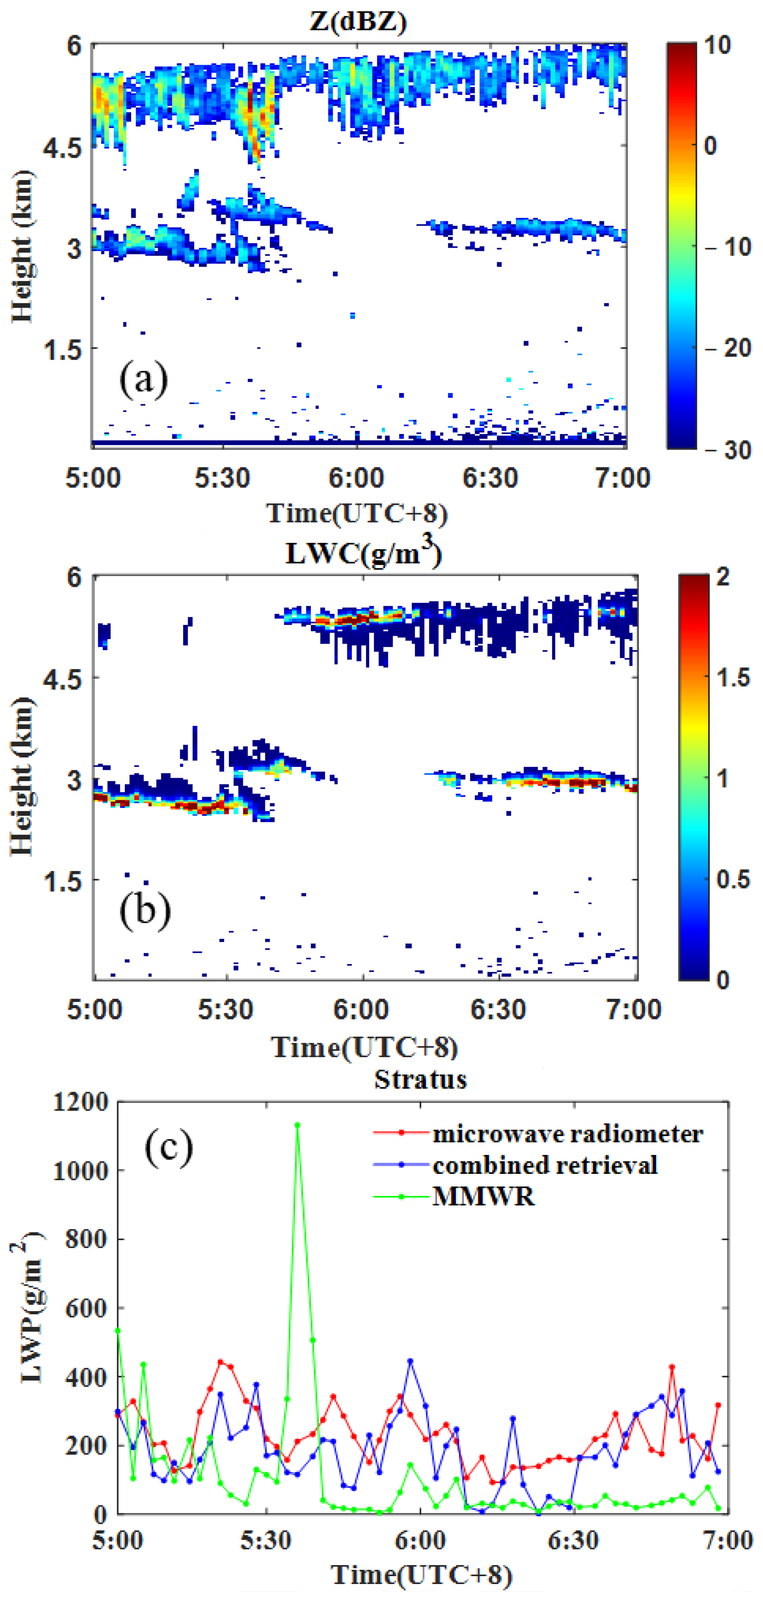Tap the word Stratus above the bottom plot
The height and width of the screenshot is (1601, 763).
(x=420, y=1080)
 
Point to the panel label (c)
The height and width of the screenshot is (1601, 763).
(x=168, y=1147)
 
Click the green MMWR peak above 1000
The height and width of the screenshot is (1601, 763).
(x=298, y=1125)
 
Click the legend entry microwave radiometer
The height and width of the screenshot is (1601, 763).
(x=567, y=1134)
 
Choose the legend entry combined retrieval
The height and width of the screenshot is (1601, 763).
(x=545, y=1165)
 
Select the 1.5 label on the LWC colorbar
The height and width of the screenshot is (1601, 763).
(x=733, y=677)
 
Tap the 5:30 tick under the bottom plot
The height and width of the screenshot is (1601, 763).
(x=266, y=1540)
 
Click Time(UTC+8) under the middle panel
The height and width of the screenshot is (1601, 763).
(x=364, y=1047)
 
